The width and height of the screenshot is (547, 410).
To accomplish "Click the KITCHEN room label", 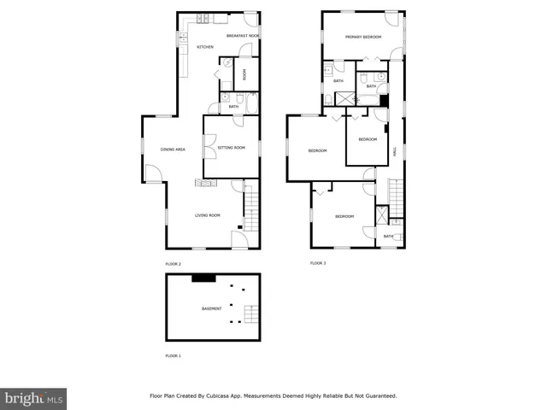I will click(205, 47).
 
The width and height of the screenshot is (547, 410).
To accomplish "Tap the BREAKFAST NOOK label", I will click(243, 36).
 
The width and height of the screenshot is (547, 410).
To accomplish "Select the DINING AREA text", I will click(173, 149).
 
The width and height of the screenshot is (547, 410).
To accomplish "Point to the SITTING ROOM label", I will click(232, 148).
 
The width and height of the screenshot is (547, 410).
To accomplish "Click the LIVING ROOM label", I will click(208, 215).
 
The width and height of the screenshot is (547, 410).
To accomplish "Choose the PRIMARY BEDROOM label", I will click(363, 37).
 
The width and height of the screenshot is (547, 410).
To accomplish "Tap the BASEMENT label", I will click(211, 308).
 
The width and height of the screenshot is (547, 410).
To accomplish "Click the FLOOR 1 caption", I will click(174, 355).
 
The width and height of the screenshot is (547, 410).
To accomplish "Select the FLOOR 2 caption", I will click(174, 263).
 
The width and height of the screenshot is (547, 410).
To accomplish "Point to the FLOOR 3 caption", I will click(318, 263).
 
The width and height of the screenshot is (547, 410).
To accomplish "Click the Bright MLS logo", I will click(34, 398).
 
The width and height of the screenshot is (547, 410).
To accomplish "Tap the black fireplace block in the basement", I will click(203, 277).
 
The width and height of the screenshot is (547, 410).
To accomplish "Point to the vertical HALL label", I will click(394, 150).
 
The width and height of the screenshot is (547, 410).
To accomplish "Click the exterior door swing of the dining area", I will click(152, 175).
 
